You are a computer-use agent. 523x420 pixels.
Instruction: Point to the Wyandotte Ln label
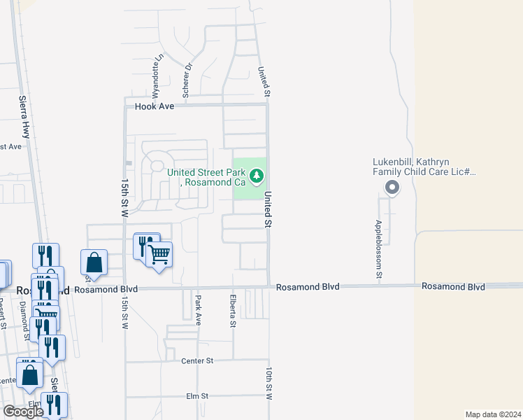(x=157, y=75)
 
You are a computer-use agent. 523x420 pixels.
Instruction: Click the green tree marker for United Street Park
(x=257, y=174)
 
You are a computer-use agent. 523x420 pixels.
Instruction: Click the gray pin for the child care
(x=392, y=187)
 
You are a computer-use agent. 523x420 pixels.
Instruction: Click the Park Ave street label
(x=198, y=309)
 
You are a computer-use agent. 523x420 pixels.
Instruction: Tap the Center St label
(x=196, y=361)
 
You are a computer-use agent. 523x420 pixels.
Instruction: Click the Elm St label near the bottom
(x=197, y=396)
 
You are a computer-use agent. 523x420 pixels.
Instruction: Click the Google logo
(x=23, y=412)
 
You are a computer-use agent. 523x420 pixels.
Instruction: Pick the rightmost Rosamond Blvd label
(x=453, y=287)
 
